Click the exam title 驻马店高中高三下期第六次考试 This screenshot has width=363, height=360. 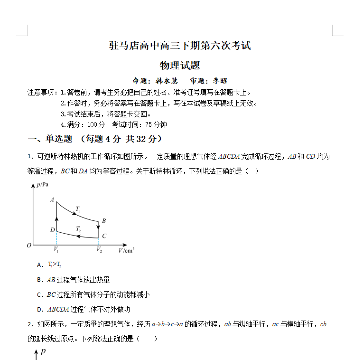[x=180, y=46]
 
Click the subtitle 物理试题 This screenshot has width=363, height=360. [x=180, y=65]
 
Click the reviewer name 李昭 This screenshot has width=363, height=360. [x=220, y=81]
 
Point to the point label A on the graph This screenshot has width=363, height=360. [x=52, y=200]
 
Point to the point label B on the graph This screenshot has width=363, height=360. [x=103, y=221]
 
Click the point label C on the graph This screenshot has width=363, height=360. [x=104, y=236]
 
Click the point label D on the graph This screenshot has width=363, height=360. [x=52, y=230]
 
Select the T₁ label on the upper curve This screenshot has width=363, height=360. [x=78, y=209]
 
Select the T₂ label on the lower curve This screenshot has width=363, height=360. [x=78, y=229]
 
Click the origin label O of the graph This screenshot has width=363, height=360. [x=29, y=245]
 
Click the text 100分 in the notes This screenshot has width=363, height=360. [x=96, y=124]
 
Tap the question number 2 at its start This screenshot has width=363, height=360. [x=29, y=324]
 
